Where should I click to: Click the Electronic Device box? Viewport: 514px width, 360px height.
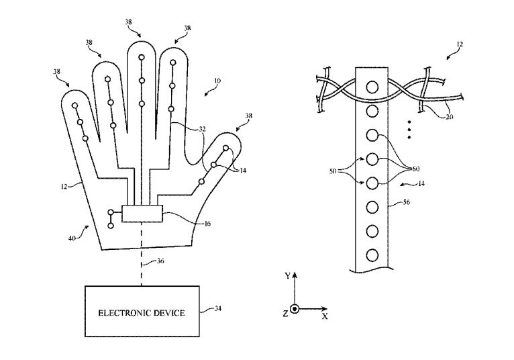[142, 311]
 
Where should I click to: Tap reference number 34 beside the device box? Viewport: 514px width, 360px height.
[217, 308]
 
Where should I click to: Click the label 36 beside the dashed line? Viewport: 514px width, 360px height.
[160, 261]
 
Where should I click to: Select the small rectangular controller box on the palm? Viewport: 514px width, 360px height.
[142, 214]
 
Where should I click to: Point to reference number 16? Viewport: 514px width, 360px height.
[207, 224]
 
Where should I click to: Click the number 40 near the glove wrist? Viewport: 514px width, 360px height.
[72, 238]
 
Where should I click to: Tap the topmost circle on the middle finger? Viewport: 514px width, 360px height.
[142, 58]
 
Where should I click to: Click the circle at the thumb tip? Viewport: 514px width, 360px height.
[226, 148]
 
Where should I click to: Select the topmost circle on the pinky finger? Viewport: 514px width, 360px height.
[74, 105]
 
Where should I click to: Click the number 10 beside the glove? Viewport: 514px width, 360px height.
[217, 81]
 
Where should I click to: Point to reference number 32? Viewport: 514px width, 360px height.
[202, 129]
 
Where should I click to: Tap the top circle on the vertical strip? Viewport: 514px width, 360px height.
[372, 87]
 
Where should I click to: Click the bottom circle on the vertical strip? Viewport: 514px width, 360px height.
[372, 255]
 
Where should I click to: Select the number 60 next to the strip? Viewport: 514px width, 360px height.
[415, 169]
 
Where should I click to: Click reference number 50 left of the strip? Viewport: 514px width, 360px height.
[333, 171]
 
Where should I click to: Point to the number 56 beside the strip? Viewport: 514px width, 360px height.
[406, 202]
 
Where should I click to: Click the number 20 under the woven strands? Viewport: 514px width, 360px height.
[450, 116]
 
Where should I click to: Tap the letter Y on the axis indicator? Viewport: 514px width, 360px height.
[287, 276]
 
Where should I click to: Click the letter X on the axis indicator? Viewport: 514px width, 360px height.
[325, 316]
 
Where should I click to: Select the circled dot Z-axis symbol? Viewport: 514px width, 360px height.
[295, 309]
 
